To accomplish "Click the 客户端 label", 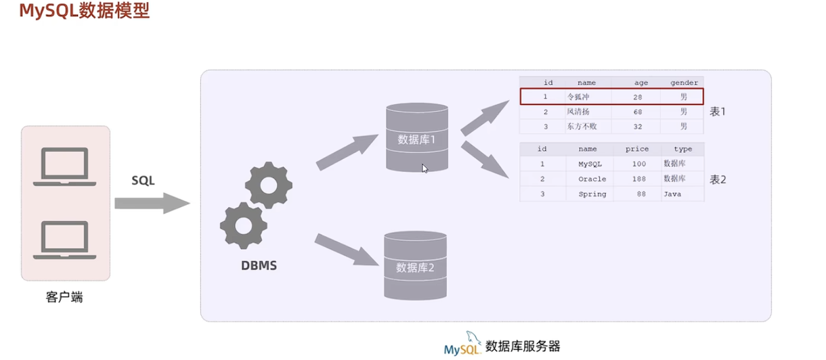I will [x=65, y=297].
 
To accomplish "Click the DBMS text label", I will [x=259, y=266].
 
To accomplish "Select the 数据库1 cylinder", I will [x=416, y=138].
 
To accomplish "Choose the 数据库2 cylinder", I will [x=415, y=265].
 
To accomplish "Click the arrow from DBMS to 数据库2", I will [x=346, y=250].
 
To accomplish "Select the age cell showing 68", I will [x=637, y=112].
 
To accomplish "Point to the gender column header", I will [x=684, y=82].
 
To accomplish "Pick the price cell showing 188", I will [x=637, y=179].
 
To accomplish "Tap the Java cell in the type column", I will [x=682, y=194].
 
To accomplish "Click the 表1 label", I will [x=717, y=112].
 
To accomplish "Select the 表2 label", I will [x=717, y=179].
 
